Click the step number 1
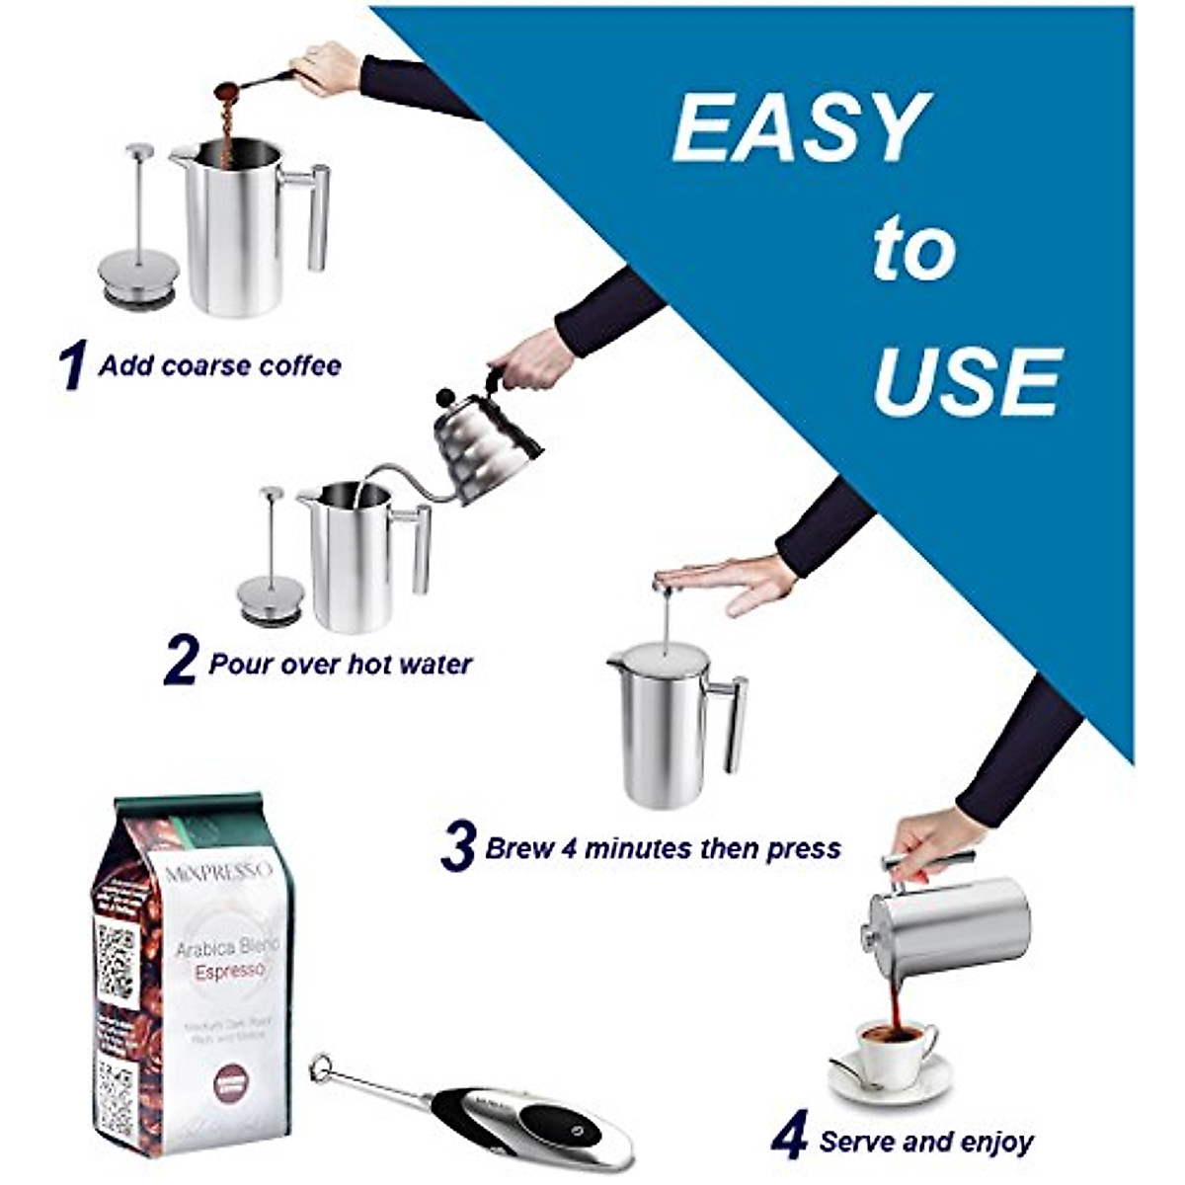tap(73, 365)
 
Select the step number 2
tap(181, 662)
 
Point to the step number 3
tap(458, 847)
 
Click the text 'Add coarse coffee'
tap(219, 365)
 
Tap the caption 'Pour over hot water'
tap(340, 664)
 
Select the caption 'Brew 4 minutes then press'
tap(663, 848)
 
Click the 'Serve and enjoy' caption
tap(926, 1143)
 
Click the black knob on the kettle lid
tap(446, 397)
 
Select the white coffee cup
tap(894, 1052)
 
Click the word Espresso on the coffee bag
tap(229, 972)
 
